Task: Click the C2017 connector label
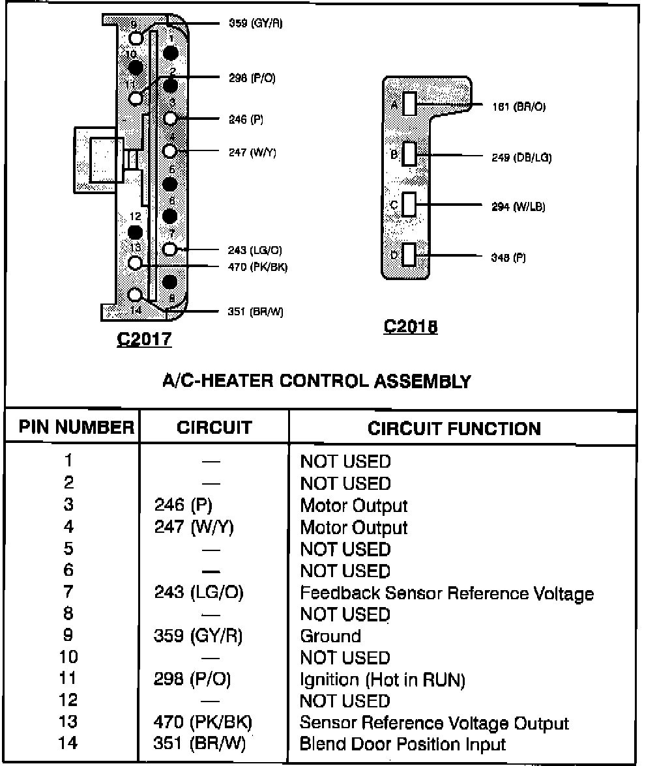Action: pos(144,339)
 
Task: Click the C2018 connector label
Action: pos(411,326)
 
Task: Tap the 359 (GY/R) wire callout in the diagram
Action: pos(255,24)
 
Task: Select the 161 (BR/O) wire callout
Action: pos(519,107)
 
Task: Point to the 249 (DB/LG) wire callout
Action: pos(521,157)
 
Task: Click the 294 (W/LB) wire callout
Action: pos(519,207)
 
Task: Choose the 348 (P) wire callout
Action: pos(508,257)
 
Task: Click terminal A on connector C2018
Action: pos(409,104)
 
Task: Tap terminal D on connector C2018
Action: pos(409,255)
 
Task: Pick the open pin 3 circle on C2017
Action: pos(170,119)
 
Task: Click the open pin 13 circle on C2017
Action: pos(136,263)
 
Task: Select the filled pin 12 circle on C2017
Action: pos(136,232)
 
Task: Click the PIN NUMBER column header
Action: pos(76,428)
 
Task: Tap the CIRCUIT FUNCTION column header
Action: pos(454,429)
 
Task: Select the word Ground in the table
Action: pos(330,636)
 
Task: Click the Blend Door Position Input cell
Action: pos(403,744)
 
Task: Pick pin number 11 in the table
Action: pos(68,679)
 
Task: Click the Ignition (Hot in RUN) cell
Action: pos(383,680)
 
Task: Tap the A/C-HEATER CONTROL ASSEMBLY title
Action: pos(316,381)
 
